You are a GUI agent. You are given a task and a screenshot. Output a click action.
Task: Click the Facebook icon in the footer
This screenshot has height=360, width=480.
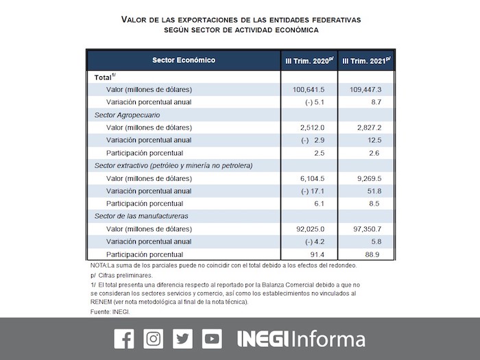coord(124,339)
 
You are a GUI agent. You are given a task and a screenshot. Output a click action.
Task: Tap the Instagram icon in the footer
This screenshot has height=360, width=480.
coord(154,339)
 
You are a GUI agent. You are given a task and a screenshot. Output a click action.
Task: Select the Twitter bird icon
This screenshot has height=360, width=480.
coord(183,339)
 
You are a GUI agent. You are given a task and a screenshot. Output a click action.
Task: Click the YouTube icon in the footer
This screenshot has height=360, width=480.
coord(212,339)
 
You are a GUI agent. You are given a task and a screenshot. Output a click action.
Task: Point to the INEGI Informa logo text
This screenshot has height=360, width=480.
coord(301,339)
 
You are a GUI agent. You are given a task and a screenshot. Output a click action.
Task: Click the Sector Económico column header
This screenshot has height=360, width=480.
coord(183,60)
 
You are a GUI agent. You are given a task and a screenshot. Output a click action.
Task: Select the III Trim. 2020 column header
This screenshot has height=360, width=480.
coord(309,60)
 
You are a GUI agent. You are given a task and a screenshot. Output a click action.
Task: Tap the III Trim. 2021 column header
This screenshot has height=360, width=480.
coord(366,60)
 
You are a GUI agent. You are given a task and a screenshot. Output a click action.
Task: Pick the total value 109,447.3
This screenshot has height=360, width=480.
coord(367,90)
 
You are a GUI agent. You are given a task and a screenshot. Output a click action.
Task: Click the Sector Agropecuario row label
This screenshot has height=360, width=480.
coord(127,115)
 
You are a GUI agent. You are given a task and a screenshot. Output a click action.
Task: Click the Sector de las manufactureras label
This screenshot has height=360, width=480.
coord(141,216)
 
